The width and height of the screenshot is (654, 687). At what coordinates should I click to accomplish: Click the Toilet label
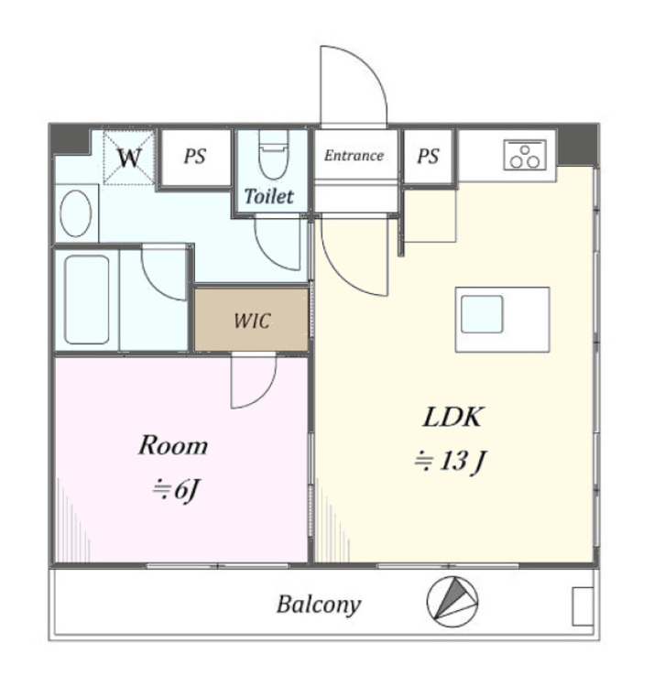coord(268,196)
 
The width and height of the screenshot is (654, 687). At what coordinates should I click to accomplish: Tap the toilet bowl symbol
coord(273,156)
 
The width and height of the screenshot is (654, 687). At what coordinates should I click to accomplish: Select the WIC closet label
coord(252,321)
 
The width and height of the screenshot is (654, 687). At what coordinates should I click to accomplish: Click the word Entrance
coord(354,156)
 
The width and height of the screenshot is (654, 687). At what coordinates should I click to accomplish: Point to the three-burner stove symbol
coord(525,155)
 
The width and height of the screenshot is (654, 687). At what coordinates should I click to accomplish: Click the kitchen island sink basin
coord(482,314)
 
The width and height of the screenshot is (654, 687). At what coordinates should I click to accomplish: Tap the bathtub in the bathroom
coord(87,300)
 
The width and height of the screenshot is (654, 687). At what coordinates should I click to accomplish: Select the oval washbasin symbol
coord(76,213)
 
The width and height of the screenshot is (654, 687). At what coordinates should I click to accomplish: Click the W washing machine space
coord(129,158)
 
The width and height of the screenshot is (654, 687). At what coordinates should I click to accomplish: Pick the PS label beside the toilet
coord(194,156)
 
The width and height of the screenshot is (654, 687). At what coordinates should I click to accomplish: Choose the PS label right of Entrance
coord(428,156)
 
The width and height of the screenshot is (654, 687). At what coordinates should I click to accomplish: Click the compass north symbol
coord(452,602)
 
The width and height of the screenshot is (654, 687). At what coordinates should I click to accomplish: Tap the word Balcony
coord(319,605)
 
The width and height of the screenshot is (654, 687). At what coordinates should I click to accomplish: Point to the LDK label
coord(452,417)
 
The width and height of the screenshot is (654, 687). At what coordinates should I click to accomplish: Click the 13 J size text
coord(451,462)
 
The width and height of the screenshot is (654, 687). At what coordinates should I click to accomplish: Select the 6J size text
coord(176,490)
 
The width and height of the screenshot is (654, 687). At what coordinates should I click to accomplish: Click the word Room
coord(173,445)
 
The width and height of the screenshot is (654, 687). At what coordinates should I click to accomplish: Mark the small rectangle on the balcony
coord(583,606)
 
